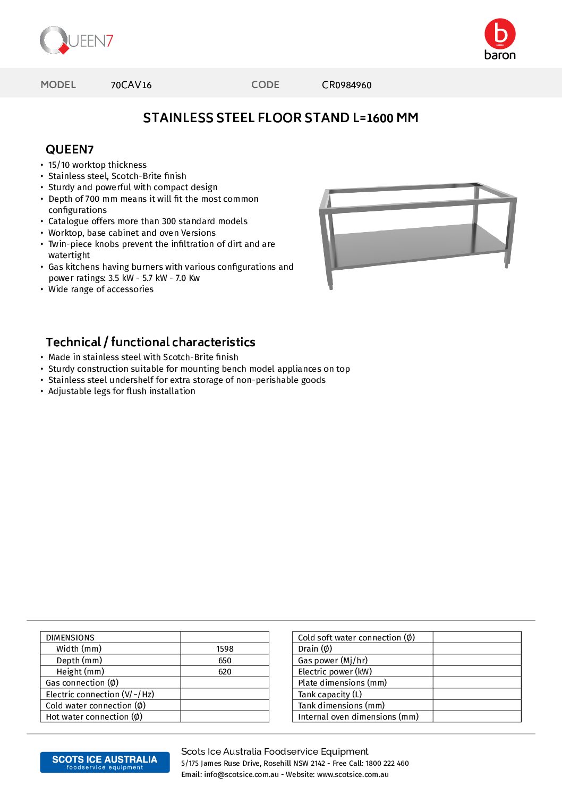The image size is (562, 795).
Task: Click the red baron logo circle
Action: [500, 33]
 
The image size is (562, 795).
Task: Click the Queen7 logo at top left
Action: [76, 40]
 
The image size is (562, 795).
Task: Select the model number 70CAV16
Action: [131, 85]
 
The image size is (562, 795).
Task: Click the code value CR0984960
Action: [346, 85]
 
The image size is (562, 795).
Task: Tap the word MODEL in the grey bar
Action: [58, 85]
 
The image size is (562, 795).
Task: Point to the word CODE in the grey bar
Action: [265, 85]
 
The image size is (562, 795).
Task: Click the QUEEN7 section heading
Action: [70, 149]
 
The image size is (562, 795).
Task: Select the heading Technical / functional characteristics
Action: [150, 342]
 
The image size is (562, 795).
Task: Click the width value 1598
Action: [225, 649]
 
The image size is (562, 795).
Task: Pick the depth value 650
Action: [225, 661]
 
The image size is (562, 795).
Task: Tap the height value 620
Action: [225, 672]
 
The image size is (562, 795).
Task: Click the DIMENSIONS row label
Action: [70, 638]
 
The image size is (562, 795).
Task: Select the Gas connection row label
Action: [82, 683]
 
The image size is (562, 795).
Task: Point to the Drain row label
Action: [315, 649]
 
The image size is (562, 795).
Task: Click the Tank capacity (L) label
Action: [330, 695]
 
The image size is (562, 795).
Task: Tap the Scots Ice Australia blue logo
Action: [105, 762]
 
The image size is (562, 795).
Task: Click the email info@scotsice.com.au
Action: [241, 774]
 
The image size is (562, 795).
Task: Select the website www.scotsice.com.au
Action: [353, 774]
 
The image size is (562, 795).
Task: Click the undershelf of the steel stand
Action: [420, 245]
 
